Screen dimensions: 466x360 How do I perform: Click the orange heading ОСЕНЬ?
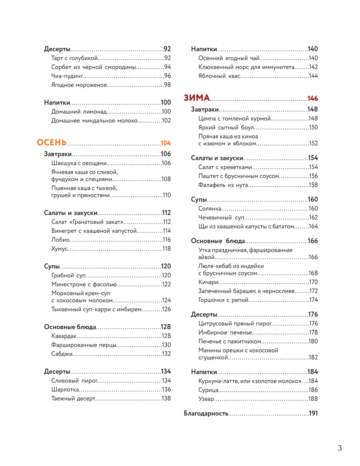click(51, 142)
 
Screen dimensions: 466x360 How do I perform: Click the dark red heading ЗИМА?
click(197, 98)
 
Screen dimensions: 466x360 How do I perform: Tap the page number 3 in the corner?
click(339, 448)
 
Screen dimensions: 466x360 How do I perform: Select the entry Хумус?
click(59, 249)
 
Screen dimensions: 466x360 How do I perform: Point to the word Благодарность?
click(206, 413)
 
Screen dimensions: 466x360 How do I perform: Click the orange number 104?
click(166, 143)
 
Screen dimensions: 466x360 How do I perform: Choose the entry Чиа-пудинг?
click(67, 76)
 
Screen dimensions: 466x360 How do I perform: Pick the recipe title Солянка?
click(210, 209)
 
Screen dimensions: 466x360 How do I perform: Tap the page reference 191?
click(313, 413)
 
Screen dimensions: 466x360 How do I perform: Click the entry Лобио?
click(60, 240)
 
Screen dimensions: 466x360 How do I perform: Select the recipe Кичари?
click(208, 282)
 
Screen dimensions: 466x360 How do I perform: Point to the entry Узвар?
click(206, 399)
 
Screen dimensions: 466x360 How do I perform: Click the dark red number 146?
click(312, 99)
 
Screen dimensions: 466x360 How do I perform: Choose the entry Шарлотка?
click(65, 390)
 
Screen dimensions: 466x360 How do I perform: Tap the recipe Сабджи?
click(62, 354)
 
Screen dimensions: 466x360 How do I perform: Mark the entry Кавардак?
click(64, 336)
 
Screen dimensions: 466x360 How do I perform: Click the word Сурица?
click(208, 390)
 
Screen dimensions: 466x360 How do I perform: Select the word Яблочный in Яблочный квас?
click(212, 76)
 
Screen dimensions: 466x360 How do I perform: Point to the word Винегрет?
click(64, 231)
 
